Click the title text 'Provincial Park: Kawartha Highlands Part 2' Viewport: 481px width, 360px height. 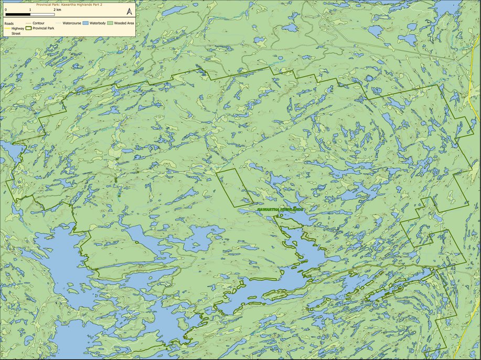pos(69,5)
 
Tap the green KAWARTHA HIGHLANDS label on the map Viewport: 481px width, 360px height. pos(281,210)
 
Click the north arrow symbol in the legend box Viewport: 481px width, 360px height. pos(129,12)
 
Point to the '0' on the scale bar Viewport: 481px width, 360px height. pos(6,10)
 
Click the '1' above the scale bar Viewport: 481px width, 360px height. pos(30,10)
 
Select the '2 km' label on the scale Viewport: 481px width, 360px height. pos(57,10)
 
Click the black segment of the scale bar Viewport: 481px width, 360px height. pos(18,15)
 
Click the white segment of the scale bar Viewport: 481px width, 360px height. pos(42,15)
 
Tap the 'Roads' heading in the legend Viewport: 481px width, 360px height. pos(9,24)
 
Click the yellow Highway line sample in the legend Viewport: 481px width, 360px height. pos(8,28)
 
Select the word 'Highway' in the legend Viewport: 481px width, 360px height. pos(18,28)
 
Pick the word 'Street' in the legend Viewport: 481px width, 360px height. pos(16,34)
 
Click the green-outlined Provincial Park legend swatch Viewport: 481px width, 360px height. pos(28,28)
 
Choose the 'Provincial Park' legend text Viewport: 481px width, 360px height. pos(44,28)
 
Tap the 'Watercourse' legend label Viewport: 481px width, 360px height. pos(72,23)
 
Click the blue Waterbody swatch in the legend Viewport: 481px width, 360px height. pos(85,23)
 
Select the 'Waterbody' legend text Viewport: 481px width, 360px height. pos(98,23)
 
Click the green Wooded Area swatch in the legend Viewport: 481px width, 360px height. pos(110,23)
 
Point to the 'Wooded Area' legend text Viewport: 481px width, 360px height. pos(124,23)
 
